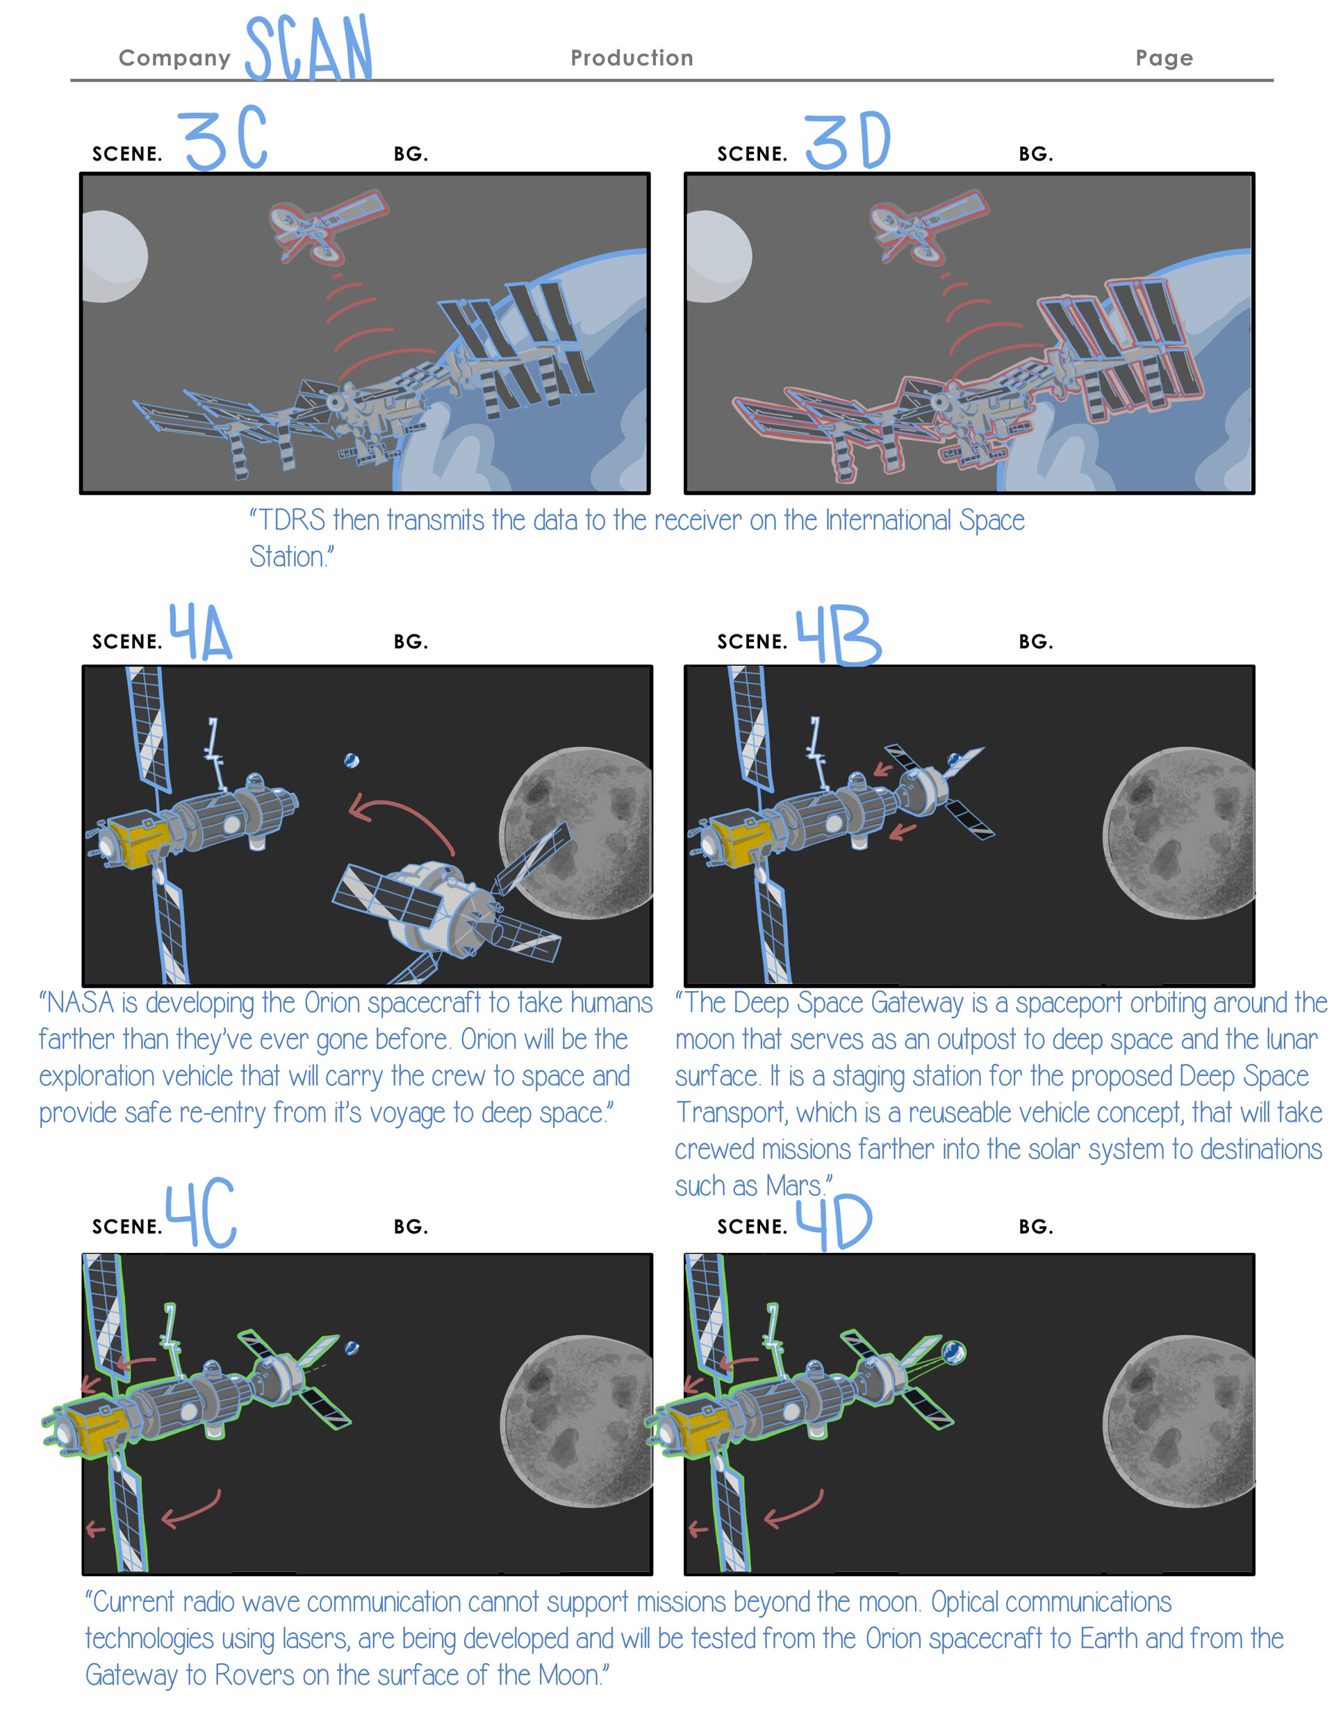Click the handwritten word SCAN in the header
[308, 49]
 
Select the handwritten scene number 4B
[838, 637]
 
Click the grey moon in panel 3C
[113, 256]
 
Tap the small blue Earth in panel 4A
[352, 761]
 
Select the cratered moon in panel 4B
[1178, 833]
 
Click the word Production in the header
[632, 58]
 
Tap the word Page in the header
[1163, 58]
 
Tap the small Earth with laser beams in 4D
[954, 1352]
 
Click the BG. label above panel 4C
[411, 1227]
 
